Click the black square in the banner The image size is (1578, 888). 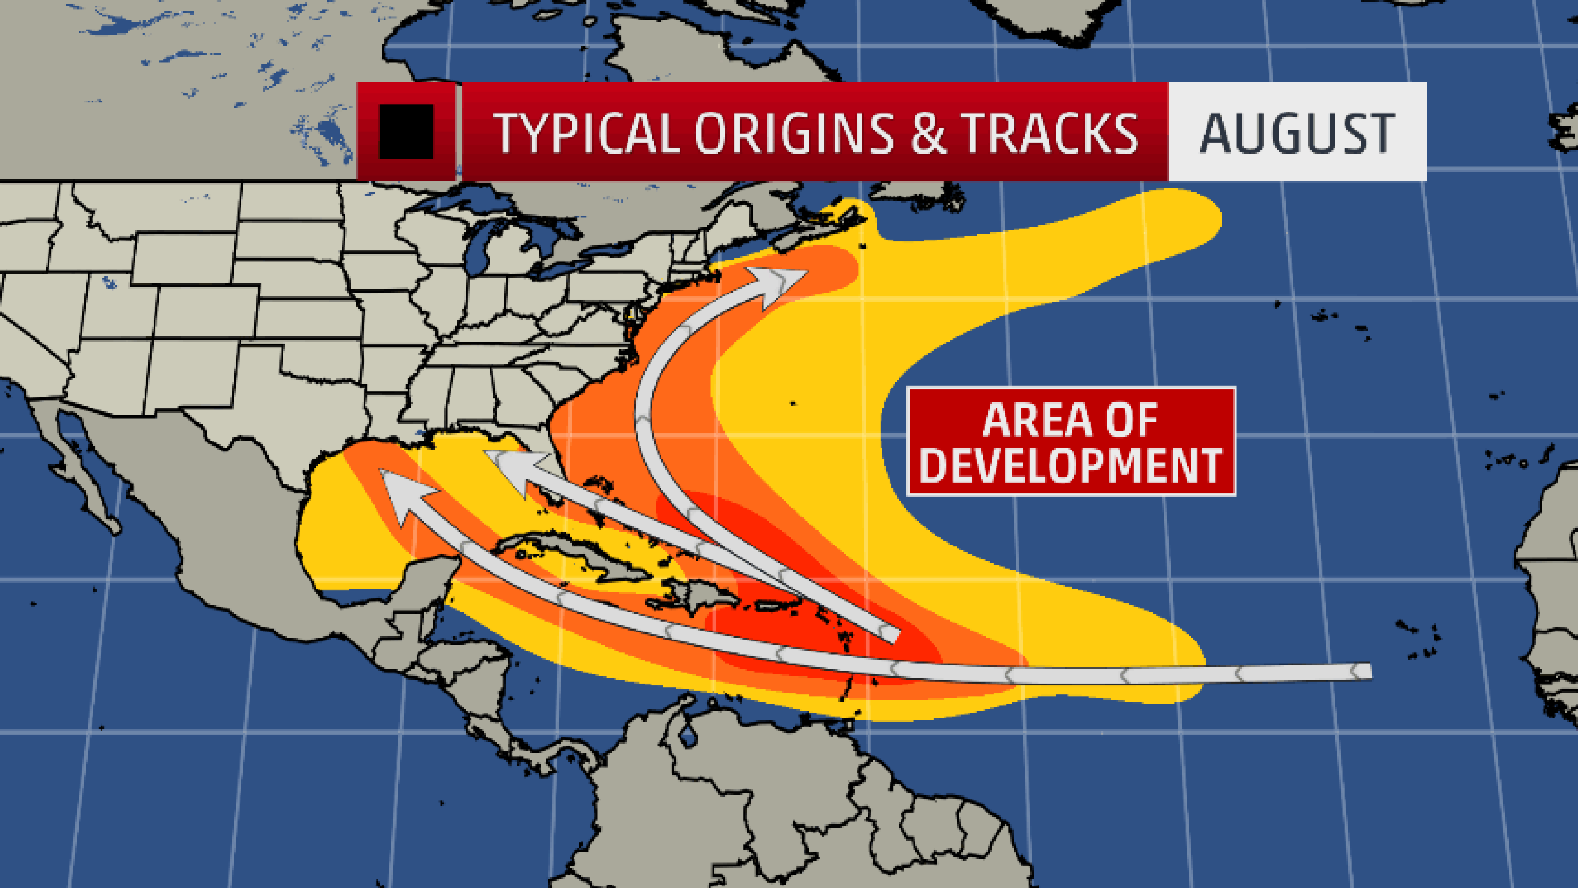tap(406, 132)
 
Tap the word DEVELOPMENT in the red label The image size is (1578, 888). tap(1071, 466)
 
